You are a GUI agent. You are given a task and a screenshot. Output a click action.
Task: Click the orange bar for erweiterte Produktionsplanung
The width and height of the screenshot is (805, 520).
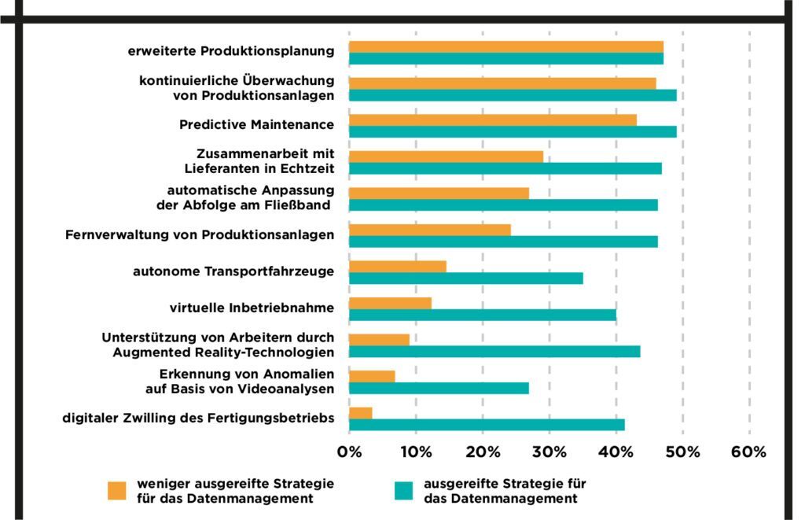pyautogui.click(x=505, y=46)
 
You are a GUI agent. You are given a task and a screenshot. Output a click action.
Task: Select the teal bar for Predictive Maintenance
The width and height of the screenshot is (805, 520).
pyautogui.click(x=512, y=131)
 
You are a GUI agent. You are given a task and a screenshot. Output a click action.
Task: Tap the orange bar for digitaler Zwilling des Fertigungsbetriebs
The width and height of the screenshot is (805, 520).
pyautogui.click(x=360, y=413)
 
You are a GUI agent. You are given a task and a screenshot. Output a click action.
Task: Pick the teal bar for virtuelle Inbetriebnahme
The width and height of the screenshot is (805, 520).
pyautogui.click(x=482, y=315)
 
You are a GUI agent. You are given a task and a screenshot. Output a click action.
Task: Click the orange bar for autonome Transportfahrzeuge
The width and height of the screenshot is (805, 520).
pyautogui.click(x=397, y=266)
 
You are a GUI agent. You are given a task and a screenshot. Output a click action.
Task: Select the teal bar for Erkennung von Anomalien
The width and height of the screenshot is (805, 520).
pyautogui.click(x=439, y=388)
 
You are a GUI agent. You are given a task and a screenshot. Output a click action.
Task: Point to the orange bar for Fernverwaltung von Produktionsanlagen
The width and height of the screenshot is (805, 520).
pyautogui.click(x=429, y=230)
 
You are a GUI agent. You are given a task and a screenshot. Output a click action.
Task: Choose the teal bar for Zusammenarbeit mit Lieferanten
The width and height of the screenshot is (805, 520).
pyautogui.click(x=505, y=168)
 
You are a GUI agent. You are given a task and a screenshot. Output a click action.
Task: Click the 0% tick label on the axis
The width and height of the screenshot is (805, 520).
pyautogui.click(x=349, y=452)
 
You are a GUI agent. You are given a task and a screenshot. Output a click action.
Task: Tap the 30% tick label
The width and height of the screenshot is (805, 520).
pyautogui.click(x=549, y=452)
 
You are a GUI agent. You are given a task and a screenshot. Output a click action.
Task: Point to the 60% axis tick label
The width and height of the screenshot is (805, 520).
pyautogui.click(x=748, y=452)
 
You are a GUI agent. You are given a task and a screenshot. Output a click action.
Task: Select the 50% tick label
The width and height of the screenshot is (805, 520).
pyautogui.click(x=682, y=452)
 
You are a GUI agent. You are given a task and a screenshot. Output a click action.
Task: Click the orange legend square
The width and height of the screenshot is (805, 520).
pyautogui.click(x=116, y=490)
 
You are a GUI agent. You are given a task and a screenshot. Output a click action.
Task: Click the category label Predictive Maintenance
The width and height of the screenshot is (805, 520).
pyautogui.click(x=256, y=124)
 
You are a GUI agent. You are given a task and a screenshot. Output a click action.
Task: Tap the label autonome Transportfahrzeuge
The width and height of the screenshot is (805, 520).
pyautogui.click(x=233, y=271)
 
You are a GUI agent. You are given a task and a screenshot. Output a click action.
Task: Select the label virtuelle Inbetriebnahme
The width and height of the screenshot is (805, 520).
pyautogui.click(x=252, y=307)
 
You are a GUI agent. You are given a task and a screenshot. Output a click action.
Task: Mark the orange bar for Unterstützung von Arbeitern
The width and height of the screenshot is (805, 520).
pyautogui.click(x=379, y=339)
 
